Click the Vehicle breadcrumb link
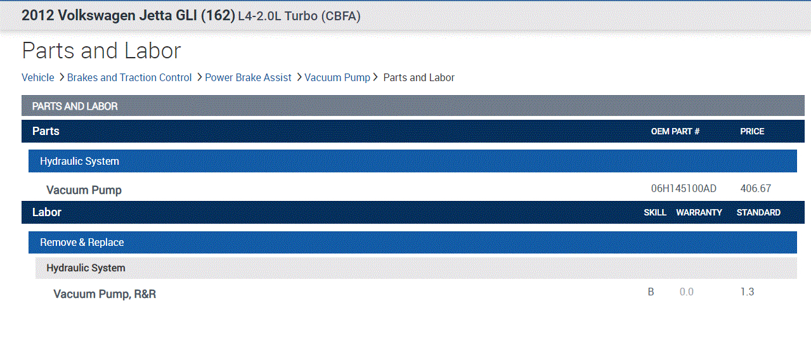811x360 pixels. pyautogui.click(x=37, y=77)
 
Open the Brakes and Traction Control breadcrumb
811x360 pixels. pyautogui.click(x=129, y=77)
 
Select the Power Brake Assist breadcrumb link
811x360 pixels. pyautogui.click(x=248, y=77)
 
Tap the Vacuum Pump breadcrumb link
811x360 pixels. pyautogui.click(x=337, y=77)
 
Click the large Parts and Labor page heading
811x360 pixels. pyautogui.click(x=101, y=50)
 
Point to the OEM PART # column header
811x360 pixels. pyautogui.click(x=675, y=131)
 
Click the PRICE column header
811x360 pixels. pyautogui.click(x=752, y=131)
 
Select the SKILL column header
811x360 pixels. pyautogui.click(x=655, y=212)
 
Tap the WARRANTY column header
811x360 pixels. pyautogui.click(x=699, y=212)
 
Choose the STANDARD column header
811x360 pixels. pyautogui.click(x=758, y=212)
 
